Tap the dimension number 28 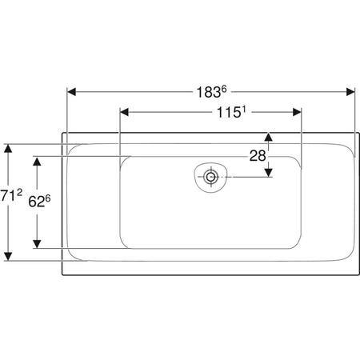(258, 156)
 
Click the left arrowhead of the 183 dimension (71, 92)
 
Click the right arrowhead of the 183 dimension (350, 92)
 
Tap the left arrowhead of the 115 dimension (125, 112)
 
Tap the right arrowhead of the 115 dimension (297, 112)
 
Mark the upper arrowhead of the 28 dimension (268, 137)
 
